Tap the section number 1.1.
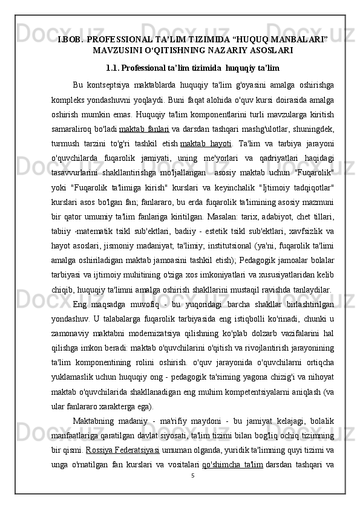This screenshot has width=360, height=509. (114, 66)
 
